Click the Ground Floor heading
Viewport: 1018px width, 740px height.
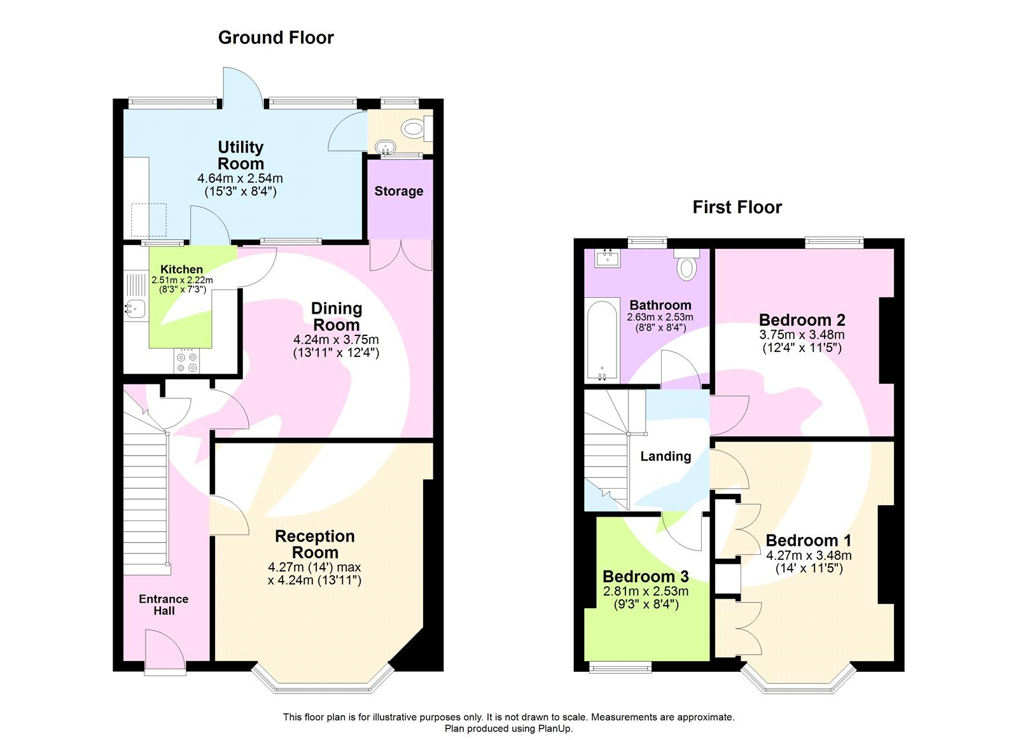pos(275,38)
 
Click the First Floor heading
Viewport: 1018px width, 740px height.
pos(737,207)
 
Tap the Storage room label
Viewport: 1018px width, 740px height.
pos(398,192)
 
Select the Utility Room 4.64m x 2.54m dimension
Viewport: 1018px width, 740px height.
pos(240,179)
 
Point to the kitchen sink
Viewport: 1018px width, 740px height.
pos(135,309)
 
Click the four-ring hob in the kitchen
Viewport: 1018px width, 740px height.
pos(186,361)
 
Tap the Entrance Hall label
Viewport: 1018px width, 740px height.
pos(164,604)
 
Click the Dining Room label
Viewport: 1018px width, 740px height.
pos(336,316)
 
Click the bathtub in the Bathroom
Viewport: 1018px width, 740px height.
pos(601,340)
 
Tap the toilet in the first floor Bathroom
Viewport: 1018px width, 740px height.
pos(687,265)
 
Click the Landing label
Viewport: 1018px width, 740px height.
pos(666,456)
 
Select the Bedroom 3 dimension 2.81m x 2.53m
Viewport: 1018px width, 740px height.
pos(646,591)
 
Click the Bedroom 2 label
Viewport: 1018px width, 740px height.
pos(802,320)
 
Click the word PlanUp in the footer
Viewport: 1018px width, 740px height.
pos(555,729)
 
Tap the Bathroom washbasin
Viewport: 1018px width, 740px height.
pos(607,258)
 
